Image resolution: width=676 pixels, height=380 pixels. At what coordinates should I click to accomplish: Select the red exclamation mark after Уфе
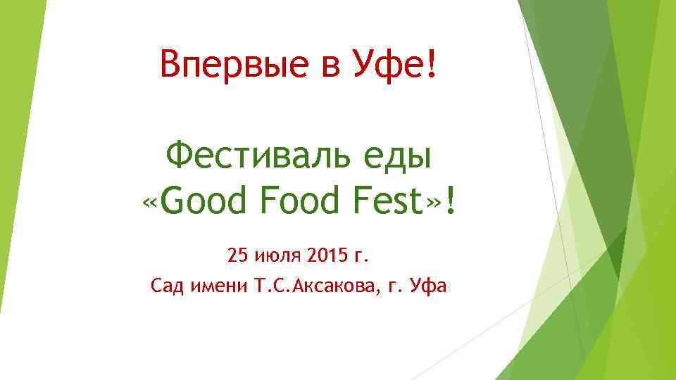tap(431, 65)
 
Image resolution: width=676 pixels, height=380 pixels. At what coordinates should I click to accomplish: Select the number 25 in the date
tap(237, 255)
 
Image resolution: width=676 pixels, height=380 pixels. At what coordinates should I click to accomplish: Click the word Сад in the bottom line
tap(166, 286)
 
